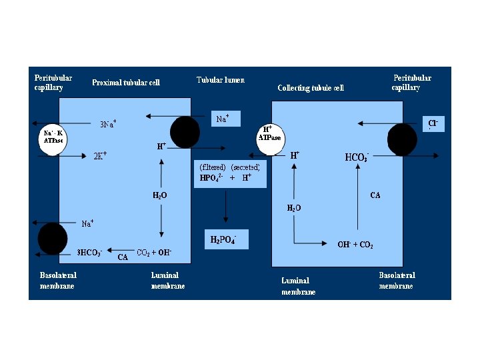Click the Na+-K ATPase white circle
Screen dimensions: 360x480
[53, 139]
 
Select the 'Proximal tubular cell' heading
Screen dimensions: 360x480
[126, 83]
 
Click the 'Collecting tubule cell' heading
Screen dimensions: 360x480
[311, 88]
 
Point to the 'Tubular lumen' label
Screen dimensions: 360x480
[221, 80]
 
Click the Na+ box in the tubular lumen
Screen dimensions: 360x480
[225, 119]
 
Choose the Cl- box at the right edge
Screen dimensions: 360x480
[433, 123]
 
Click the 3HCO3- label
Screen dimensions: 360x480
[89, 253]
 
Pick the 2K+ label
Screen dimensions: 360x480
[100, 155]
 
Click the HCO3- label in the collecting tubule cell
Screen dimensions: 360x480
[357, 157]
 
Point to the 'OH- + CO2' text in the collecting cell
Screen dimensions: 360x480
[355, 245]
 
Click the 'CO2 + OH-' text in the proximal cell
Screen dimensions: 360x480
[154, 252]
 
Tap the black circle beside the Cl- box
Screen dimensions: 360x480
[403, 140]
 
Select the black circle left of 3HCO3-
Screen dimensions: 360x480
[53, 239]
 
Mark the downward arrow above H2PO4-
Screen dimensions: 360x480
[227, 207]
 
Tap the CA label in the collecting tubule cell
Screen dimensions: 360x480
[375, 195]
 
